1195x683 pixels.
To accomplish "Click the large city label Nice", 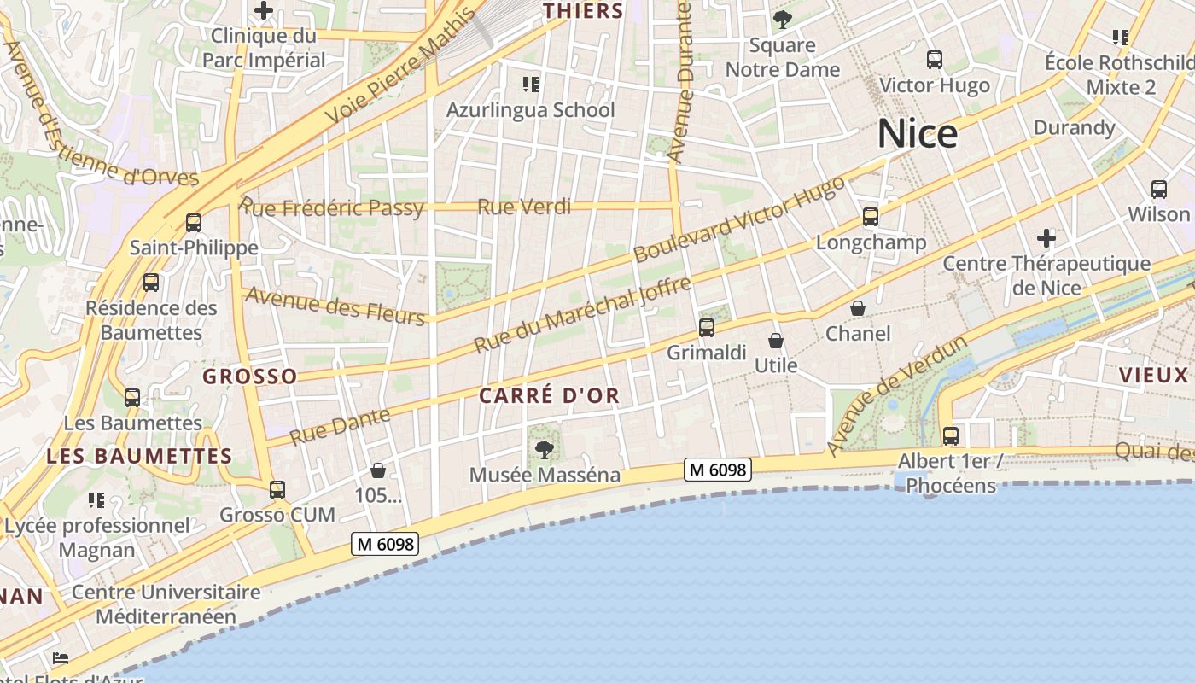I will tap(918, 134).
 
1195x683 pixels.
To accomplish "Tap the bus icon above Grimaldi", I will tap(706, 327).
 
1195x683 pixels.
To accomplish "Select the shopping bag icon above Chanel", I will tap(858, 308).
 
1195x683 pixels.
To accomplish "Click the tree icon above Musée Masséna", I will tap(544, 449).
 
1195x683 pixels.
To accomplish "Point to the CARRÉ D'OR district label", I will tap(549, 396).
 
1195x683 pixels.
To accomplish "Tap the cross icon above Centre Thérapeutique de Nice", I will tap(1046, 238).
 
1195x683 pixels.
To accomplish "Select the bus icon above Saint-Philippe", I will tap(194, 223).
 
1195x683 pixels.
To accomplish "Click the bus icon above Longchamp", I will tap(871, 217).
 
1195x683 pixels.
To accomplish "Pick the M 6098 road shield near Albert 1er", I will tap(717, 469).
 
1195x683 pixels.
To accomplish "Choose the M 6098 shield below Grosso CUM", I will tap(385, 544).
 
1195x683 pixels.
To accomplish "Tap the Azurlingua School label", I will tap(530, 110).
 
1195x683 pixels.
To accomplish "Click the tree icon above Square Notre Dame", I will tap(782, 19).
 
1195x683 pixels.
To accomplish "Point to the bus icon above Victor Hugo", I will tap(935, 60).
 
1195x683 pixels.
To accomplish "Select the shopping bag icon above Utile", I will tap(776, 341).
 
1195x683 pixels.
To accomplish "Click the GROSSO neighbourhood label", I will tap(249, 377).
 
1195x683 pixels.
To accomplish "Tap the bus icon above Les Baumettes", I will tap(132, 398).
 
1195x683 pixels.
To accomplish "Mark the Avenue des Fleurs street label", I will tap(335, 306).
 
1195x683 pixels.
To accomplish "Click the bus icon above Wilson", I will tap(1158, 190).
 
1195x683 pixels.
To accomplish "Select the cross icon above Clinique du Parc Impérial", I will tap(264, 10).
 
